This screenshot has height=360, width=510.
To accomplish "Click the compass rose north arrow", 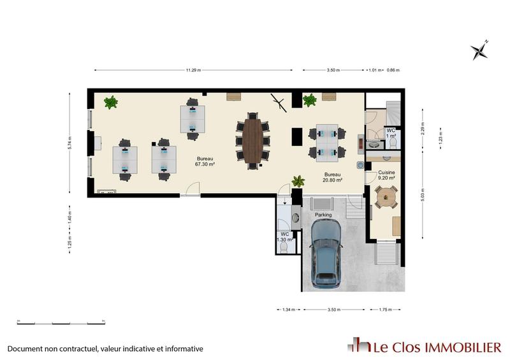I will click(x=479, y=50).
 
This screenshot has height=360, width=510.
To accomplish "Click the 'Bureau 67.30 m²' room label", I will click(x=205, y=161).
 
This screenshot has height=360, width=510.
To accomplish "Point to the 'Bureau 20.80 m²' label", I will click(x=333, y=177).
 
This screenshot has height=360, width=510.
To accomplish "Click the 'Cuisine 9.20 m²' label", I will click(x=386, y=175).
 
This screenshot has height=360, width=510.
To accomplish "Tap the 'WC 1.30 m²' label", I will click(x=285, y=236).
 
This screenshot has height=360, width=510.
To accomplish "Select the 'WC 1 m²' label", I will click(x=391, y=134).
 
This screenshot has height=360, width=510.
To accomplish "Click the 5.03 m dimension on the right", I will click(x=423, y=192).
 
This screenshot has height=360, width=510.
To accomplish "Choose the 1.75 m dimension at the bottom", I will click(x=386, y=310).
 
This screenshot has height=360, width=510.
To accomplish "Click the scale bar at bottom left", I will click(x=61, y=323).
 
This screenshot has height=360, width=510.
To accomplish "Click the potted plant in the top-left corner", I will click(x=111, y=102).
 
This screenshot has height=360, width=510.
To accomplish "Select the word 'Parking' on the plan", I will click(x=323, y=215).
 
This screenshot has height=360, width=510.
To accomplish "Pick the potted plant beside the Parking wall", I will click(x=298, y=182).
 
